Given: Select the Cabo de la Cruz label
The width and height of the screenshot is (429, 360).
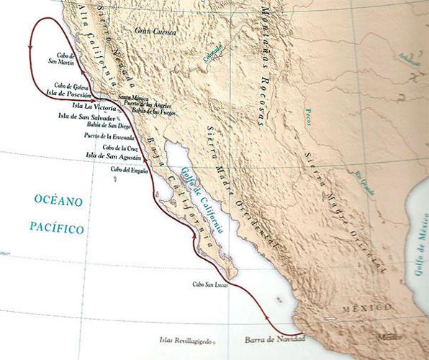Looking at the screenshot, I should pyautogui.click(x=112, y=148).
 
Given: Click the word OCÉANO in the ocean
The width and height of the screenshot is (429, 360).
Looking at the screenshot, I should pyautogui.click(x=58, y=201).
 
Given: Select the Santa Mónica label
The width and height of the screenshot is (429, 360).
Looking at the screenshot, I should pyautogui.click(x=132, y=96).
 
